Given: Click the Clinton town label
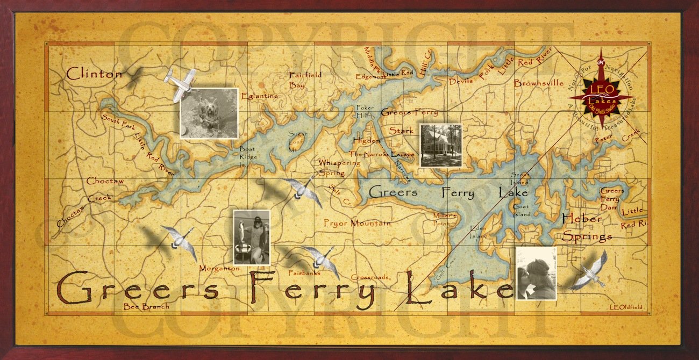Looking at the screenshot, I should tap(94, 74).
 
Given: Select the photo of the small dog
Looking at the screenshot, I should tap(209, 113).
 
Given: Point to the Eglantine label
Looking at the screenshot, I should tap(260, 96).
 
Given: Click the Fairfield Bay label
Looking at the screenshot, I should tap(305, 80).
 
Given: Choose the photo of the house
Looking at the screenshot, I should tap(441, 145).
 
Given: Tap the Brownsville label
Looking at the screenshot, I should tap(538, 83).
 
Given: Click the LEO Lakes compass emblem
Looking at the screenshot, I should tap(602, 97).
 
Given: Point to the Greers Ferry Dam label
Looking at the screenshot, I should tap(612, 199).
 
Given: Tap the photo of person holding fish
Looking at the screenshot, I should tap(252, 237).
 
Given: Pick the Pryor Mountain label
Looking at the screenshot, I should tap(357, 223).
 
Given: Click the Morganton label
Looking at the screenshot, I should tap(219, 268).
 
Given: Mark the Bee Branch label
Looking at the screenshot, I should tap(146, 307).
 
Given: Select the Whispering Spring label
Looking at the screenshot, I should tap(339, 168).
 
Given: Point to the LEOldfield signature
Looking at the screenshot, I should tap(627, 307).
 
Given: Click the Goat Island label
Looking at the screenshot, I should tap(521, 210).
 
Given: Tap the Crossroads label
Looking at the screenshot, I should tap(370, 277).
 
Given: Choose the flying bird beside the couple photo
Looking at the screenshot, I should tap(590, 271).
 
